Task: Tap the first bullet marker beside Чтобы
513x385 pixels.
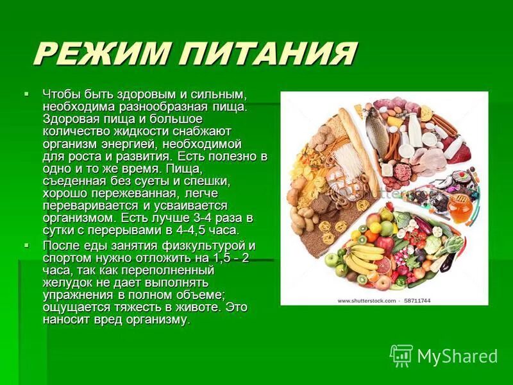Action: coord(26,94)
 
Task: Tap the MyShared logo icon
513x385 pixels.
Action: coord(401,355)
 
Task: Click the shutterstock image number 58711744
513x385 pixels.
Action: coord(417,300)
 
